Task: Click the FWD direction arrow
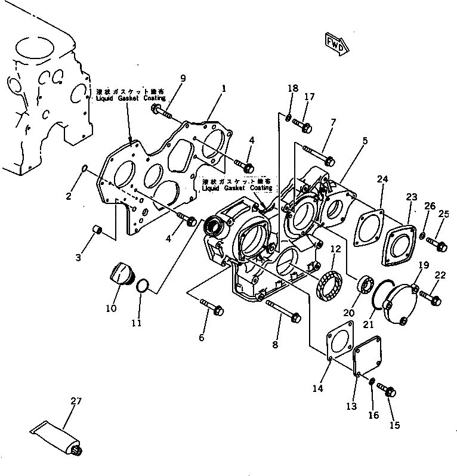click(335, 43)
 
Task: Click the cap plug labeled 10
click(122, 275)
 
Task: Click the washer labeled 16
click(371, 382)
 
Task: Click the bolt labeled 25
click(433, 243)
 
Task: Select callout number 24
click(382, 178)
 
